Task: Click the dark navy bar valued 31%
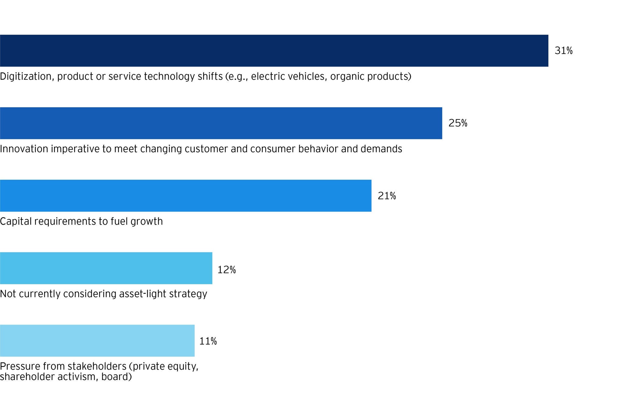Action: (274, 50)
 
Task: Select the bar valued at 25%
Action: (221, 123)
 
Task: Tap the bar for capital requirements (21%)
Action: (186, 195)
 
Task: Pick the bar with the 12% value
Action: (106, 268)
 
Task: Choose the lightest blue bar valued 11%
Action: (97, 341)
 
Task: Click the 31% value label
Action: (563, 51)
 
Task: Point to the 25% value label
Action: (458, 123)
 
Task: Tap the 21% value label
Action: (387, 196)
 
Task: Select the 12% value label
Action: (226, 270)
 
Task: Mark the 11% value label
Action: (208, 341)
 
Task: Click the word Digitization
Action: (27, 76)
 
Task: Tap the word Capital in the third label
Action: (16, 221)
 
